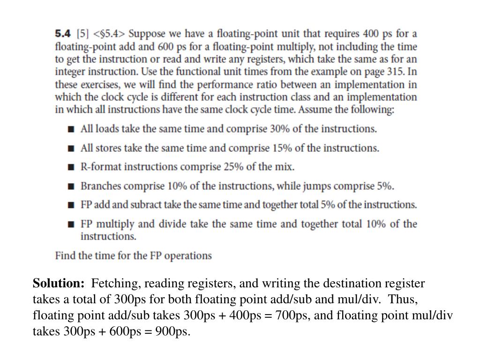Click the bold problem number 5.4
[x=62, y=34]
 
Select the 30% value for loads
[x=279, y=129]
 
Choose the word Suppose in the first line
[x=147, y=34]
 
